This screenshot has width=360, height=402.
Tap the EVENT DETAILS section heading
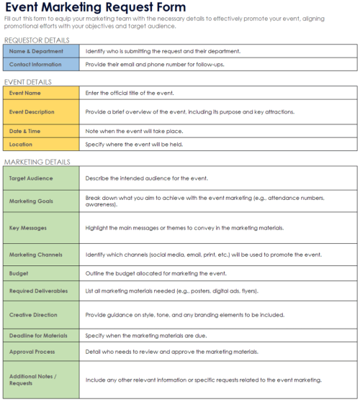pyautogui.click(x=28, y=81)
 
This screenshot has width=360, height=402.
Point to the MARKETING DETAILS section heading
pyautogui.click(x=37, y=162)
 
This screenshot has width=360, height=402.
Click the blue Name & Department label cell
pyautogui.click(x=41, y=51)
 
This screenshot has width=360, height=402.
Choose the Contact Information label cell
pyautogui.click(x=41, y=64)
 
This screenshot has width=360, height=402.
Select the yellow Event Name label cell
pyautogui.click(x=41, y=93)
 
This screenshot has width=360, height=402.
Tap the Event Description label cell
pyautogui.click(x=41, y=111)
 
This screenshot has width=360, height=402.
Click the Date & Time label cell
pyautogui.click(x=41, y=130)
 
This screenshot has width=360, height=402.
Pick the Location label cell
pyautogui.click(x=41, y=144)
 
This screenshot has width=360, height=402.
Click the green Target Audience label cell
pyautogui.click(x=41, y=178)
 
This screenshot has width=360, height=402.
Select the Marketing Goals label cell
pyautogui.click(x=41, y=201)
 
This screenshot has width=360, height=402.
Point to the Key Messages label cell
pyautogui.click(x=41, y=227)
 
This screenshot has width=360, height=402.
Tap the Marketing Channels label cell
pyautogui.click(x=41, y=255)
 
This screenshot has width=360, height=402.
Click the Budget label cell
pyautogui.click(x=41, y=273)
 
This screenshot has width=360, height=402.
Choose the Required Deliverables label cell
pyautogui.click(x=41, y=291)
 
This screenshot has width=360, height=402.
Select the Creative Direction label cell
pyautogui.click(x=41, y=315)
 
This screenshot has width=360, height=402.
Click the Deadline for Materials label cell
pyautogui.click(x=41, y=334)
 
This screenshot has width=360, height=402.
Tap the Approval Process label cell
pyautogui.click(x=41, y=352)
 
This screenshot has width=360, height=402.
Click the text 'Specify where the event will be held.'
pyautogui.click(x=134, y=144)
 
